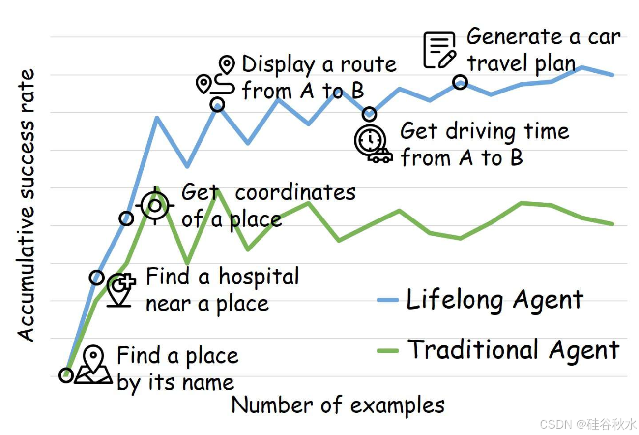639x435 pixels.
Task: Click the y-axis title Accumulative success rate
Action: pyautogui.click(x=27, y=206)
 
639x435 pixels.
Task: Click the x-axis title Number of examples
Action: pyautogui.click(x=338, y=405)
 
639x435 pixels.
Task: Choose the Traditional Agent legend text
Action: pyautogui.click(x=514, y=350)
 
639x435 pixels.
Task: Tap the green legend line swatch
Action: pyautogui.click(x=388, y=350)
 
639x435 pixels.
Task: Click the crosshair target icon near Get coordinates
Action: pyautogui.click(x=155, y=205)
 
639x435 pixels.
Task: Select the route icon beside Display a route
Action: pyautogui.click(x=217, y=78)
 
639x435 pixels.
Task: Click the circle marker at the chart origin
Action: pyautogui.click(x=66, y=375)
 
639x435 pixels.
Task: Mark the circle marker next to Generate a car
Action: pyautogui.click(x=460, y=82)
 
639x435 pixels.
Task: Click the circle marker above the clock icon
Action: pyautogui.click(x=369, y=114)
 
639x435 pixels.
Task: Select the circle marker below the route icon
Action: pyautogui.click(x=217, y=104)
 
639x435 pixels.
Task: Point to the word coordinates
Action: pyautogui.click(x=295, y=192)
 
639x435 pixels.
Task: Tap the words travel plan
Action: pyautogui.click(x=521, y=63)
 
